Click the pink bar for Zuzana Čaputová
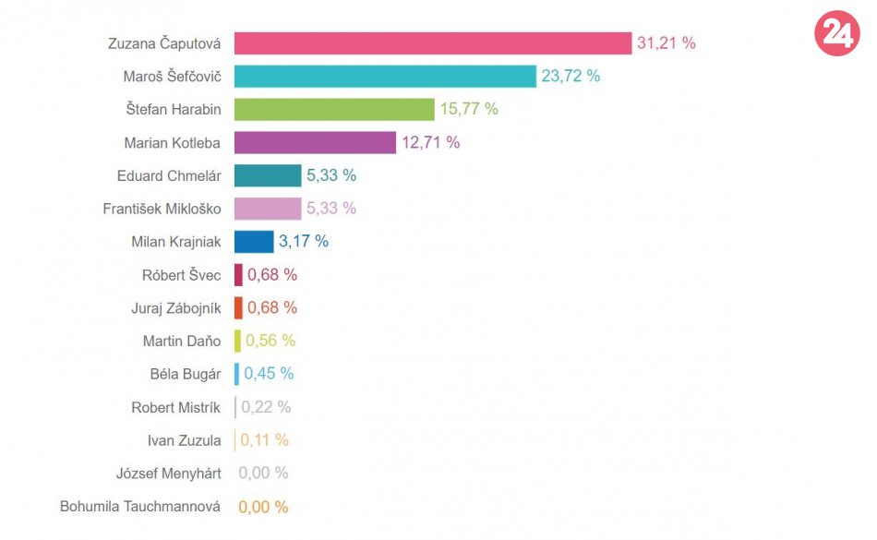(x=432, y=43)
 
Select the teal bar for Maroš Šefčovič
(x=385, y=77)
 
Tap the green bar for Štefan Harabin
(x=334, y=110)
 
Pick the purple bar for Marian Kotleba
(x=315, y=143)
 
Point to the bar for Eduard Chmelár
(x=268, y=175)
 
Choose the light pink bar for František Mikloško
(x=268, y=209)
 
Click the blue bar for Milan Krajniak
(x=254, y=242)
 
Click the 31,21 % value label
(x=666, y=43)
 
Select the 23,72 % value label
(x=571, y=77)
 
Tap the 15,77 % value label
(x=469, y=110)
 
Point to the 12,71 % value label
(x=430, y=143)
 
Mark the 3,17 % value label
(x=304, y=242)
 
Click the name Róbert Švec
(x=181, y=275)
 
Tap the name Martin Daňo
(x=182, y=342)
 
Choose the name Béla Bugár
(x=185, y=375)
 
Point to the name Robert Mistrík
(x=175, y=408)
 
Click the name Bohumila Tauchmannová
(x=140, y=507)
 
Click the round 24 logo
(x=836, y=34)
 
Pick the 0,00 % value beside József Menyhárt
(x=263, y=474)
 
